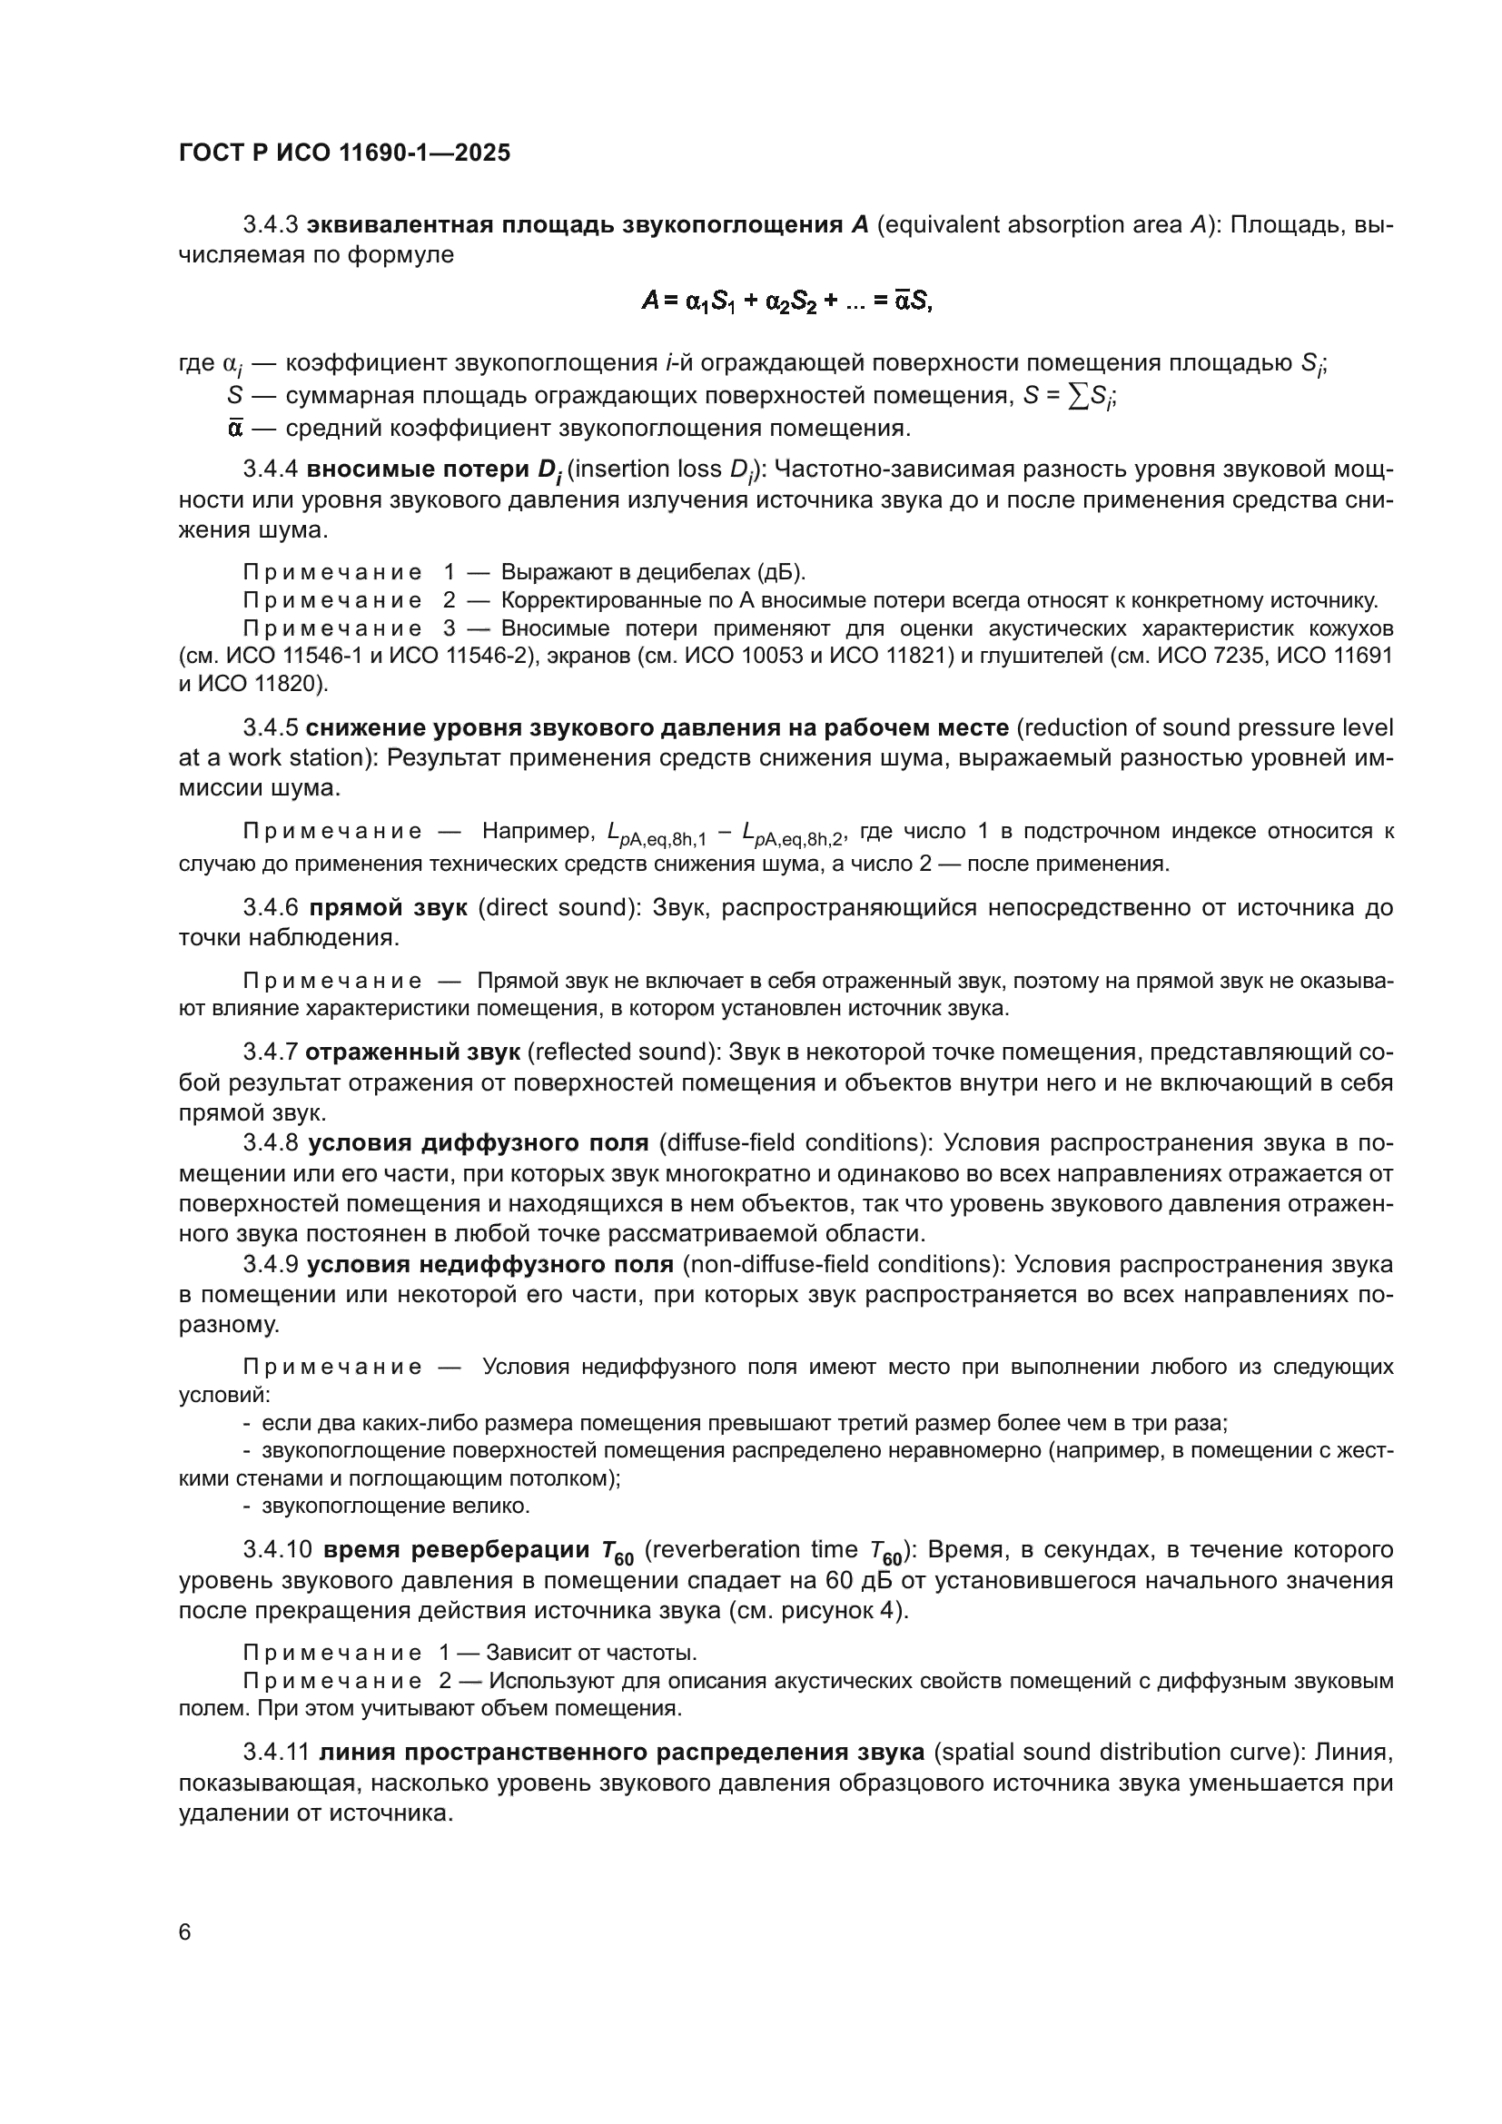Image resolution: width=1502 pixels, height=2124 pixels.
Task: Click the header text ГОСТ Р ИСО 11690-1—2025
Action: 344,153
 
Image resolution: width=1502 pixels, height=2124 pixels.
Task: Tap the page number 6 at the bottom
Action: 185,1932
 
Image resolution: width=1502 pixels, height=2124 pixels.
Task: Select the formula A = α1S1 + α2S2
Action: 787,301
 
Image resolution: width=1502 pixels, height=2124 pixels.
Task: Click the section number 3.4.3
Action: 270,225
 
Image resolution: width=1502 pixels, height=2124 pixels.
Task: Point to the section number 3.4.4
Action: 270,469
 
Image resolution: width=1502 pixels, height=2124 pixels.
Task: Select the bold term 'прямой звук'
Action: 388,907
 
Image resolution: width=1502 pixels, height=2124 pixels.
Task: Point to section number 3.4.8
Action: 270,1143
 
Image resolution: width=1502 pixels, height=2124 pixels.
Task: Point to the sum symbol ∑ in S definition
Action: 1077,396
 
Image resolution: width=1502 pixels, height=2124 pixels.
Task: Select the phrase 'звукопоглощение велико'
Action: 395,1506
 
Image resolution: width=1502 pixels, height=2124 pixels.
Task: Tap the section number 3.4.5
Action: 270,728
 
